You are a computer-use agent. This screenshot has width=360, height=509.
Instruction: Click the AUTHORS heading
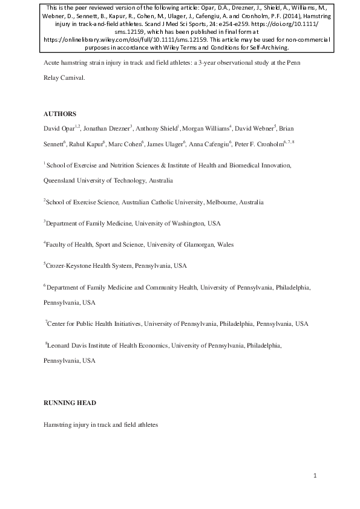coord(59,114)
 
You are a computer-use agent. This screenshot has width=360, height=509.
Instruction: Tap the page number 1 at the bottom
coord(315,476)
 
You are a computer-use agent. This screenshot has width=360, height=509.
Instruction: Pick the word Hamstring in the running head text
coord(59,425)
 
